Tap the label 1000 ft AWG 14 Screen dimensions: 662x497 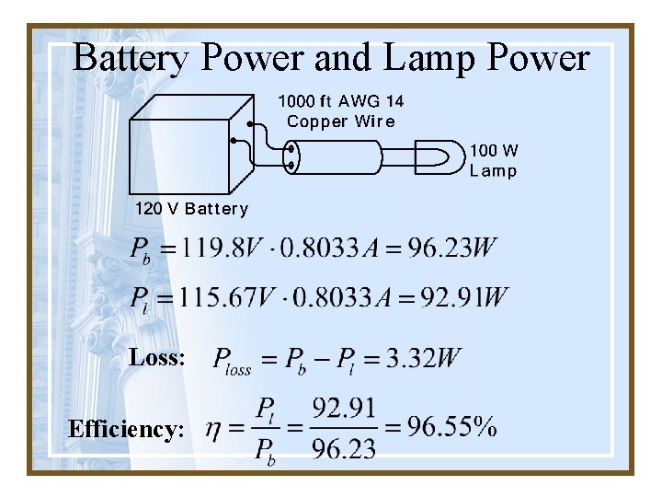(340, 100)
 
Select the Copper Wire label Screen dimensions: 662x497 (340, 121)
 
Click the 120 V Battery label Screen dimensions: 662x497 (191, 208)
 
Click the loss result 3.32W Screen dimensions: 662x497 (424, 357)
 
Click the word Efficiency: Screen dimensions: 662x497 (126, 429)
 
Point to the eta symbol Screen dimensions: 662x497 (211, 428)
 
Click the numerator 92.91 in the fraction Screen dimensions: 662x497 (344, 407)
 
